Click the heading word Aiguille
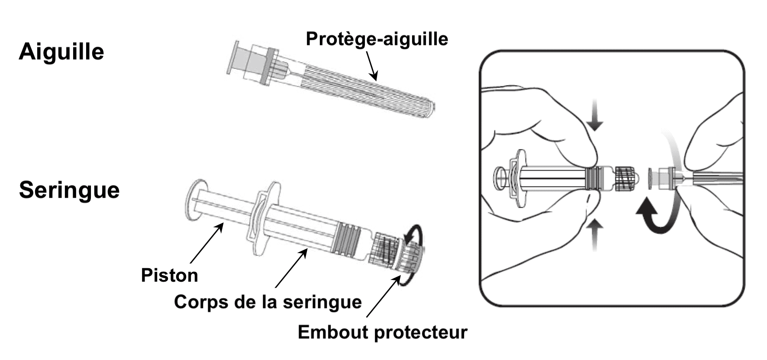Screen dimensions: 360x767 click(61, 52)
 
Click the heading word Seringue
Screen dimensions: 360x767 click(69, 190)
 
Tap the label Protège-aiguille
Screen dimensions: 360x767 click(377, 39)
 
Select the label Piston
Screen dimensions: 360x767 click(169, 275)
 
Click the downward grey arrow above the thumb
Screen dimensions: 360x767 click(596, 115)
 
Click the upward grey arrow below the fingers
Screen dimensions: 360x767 click(596, 234)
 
